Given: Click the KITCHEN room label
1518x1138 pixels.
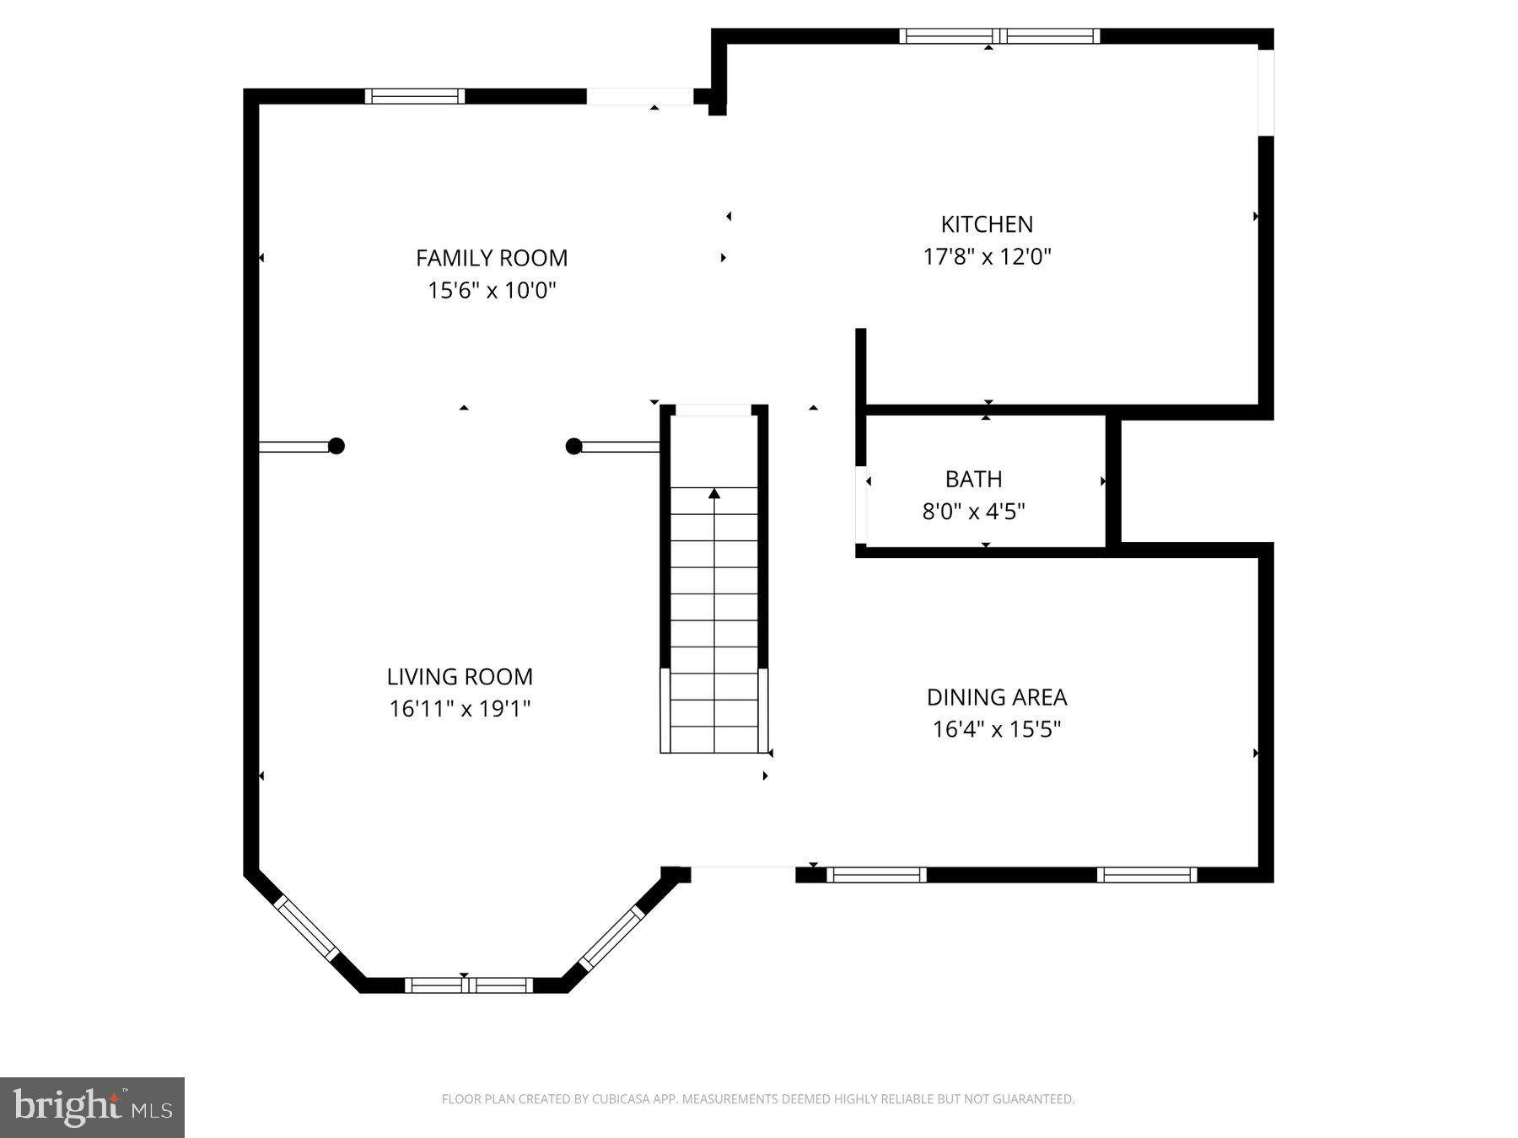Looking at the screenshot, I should pyautogui.click(x=987, y=224).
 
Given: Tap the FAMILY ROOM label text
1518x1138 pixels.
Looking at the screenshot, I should pyautogui.click(x=492, y=258).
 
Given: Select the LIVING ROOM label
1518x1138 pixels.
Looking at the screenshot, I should pyautogui.click(x=460, y=676).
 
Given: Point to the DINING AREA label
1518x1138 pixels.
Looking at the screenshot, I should pyautogui.click(x=997, y=697).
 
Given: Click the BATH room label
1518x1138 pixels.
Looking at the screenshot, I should pyautogui.click(x=973, y=479).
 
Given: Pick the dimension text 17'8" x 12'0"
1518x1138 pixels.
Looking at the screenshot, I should pyautogui.click(x=987, y=256).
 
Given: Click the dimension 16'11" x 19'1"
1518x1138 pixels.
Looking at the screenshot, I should pyautogui.click(x=460, y=709).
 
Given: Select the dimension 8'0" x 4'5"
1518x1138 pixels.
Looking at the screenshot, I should pyautogui.click(x=973, y=512).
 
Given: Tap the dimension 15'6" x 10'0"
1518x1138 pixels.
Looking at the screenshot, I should pyautogui.click(x=492, y=291).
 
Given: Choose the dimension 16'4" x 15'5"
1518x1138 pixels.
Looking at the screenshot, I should pyautogui.click(x=997, y=729).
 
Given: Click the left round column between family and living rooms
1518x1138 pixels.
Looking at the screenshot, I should pyautogui.click(x=336, y=446).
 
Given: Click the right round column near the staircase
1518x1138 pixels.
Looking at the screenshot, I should pyautogui.click(x=573, y=446).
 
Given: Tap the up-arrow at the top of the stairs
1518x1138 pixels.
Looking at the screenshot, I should pyautogui.click(x=714, y=493).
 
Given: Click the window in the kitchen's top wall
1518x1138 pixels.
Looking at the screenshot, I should pyautogui.click(x=999, y=36).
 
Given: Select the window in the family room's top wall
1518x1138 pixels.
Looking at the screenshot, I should pyautogui.click(x=414, y=96).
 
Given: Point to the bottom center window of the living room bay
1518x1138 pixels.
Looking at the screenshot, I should pyautogui.click(x=469, y=985).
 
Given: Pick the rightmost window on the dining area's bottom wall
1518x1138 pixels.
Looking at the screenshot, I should pyautogui.click(x=1146, y=875).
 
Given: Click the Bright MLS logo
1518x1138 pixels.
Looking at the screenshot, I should pyautogui.click(x=92, y=1107).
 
